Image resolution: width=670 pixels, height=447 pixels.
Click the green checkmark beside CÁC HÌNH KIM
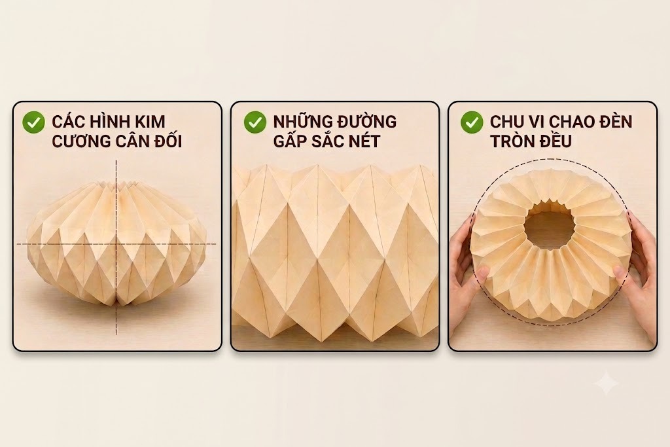click(x=33, y=122)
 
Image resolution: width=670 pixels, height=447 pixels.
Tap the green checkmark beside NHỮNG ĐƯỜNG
click(x=255, y=122)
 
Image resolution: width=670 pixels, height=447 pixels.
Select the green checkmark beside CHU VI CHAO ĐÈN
click(x=472, y=122)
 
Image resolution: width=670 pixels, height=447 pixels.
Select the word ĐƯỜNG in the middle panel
click(x=366, y=121)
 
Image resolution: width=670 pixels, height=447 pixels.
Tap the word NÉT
click(x=364, y=140)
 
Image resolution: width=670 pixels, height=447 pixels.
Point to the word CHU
click(x=506, y=121)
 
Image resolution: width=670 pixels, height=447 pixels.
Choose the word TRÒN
click(x=509, y=141)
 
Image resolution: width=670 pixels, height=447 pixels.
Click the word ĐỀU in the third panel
click(x=553, y=140)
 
